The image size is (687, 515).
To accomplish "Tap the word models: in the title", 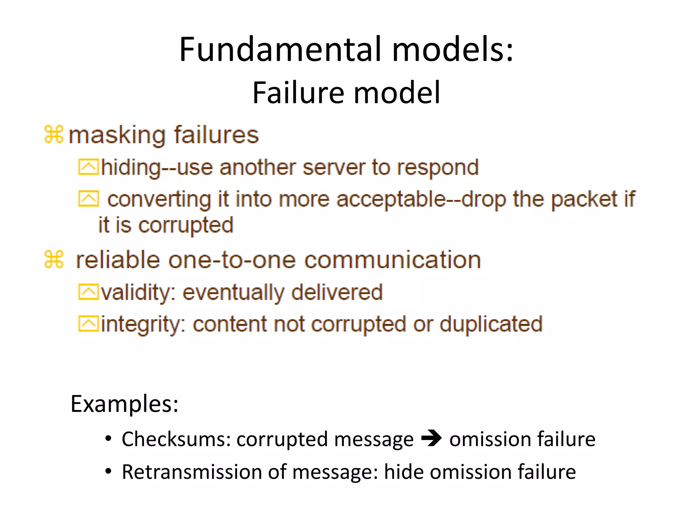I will click(453, 50).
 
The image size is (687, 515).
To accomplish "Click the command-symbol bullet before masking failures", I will click(54, 135).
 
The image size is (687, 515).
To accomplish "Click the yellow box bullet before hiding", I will click(88, 167).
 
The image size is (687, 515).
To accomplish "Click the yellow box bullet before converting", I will click(88, 199).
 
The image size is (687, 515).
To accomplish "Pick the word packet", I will click(584, 199).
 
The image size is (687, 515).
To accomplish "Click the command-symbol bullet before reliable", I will click(54, 260).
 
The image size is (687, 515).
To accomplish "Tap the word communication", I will click(392, 260).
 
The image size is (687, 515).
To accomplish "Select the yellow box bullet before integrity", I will click(88, 324).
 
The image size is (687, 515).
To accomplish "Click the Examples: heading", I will click(124, 404).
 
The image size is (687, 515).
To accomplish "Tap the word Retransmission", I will click(192, 472).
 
